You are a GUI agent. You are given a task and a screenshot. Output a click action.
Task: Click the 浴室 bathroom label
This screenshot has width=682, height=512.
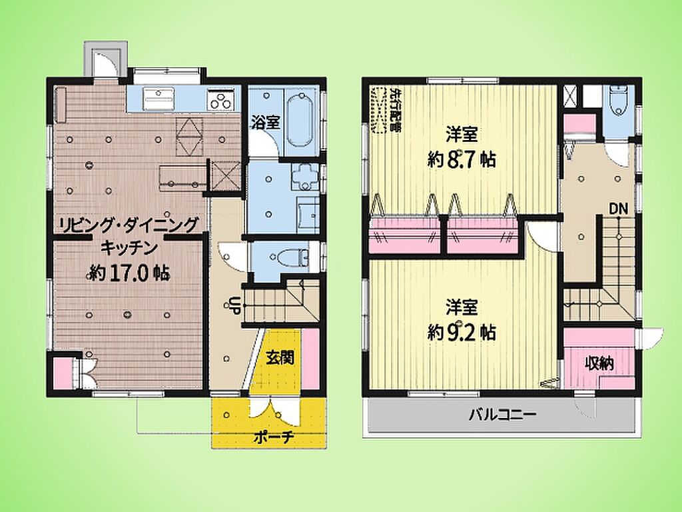pos(265,123)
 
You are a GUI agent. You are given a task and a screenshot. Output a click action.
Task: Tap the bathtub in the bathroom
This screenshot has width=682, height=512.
pos(300,120)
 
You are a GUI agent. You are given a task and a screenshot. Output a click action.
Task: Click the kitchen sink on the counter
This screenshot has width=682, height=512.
pos(159,99)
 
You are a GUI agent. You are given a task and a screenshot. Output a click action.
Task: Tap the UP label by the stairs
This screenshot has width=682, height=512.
pos(233,304)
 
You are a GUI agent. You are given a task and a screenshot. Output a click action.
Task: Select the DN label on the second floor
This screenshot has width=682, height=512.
pos(617,209)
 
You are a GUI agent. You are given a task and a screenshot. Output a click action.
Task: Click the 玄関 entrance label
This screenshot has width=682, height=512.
pos(280,358)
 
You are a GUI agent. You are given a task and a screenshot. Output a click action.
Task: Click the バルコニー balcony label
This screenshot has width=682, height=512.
pos(502,415)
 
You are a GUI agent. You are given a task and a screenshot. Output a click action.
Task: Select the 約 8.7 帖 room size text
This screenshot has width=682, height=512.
pos(462,160)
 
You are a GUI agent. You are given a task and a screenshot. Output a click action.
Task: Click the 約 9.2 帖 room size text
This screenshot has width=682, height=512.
pos(462,333)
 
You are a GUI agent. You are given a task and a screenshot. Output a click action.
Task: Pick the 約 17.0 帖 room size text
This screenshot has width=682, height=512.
pos(129,273)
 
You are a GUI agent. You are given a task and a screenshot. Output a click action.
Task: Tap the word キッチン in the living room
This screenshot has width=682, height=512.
pos(129,248)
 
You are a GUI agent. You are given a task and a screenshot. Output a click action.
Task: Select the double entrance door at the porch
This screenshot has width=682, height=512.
pos(274,411)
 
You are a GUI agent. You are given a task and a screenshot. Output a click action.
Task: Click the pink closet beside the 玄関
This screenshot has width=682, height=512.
pos(310,359)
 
